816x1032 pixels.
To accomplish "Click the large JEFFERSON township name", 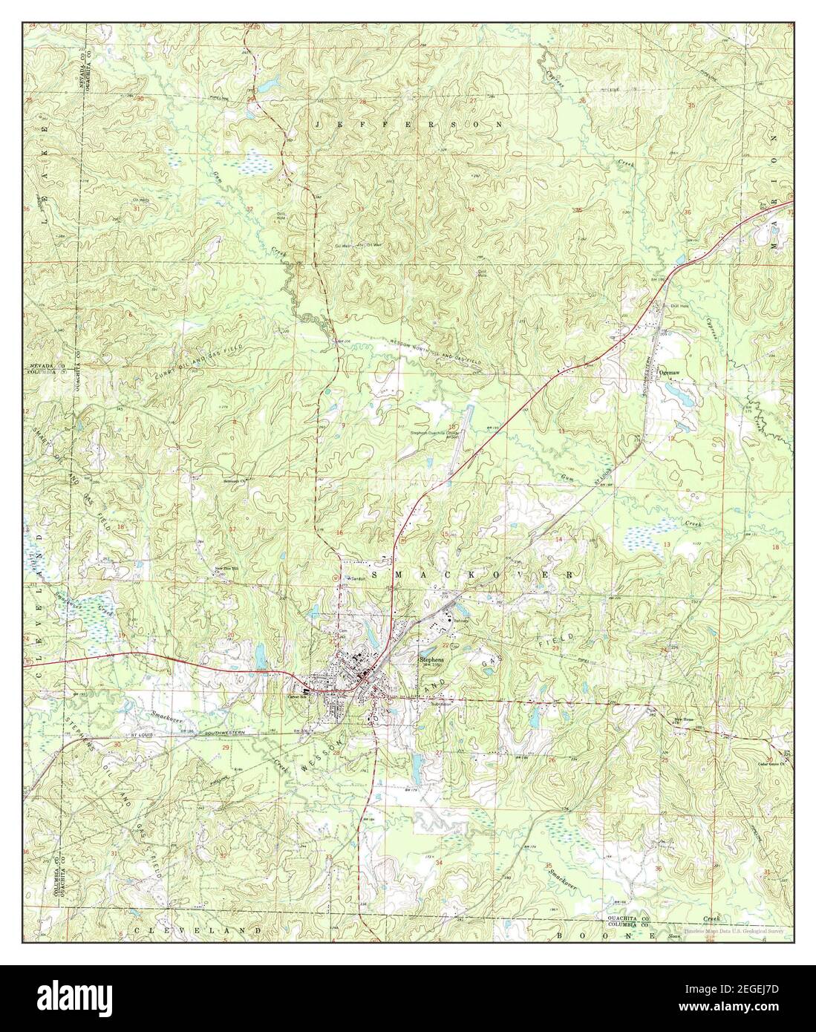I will pos(408,124).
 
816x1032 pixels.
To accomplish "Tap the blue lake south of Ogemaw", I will pos(678,388).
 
